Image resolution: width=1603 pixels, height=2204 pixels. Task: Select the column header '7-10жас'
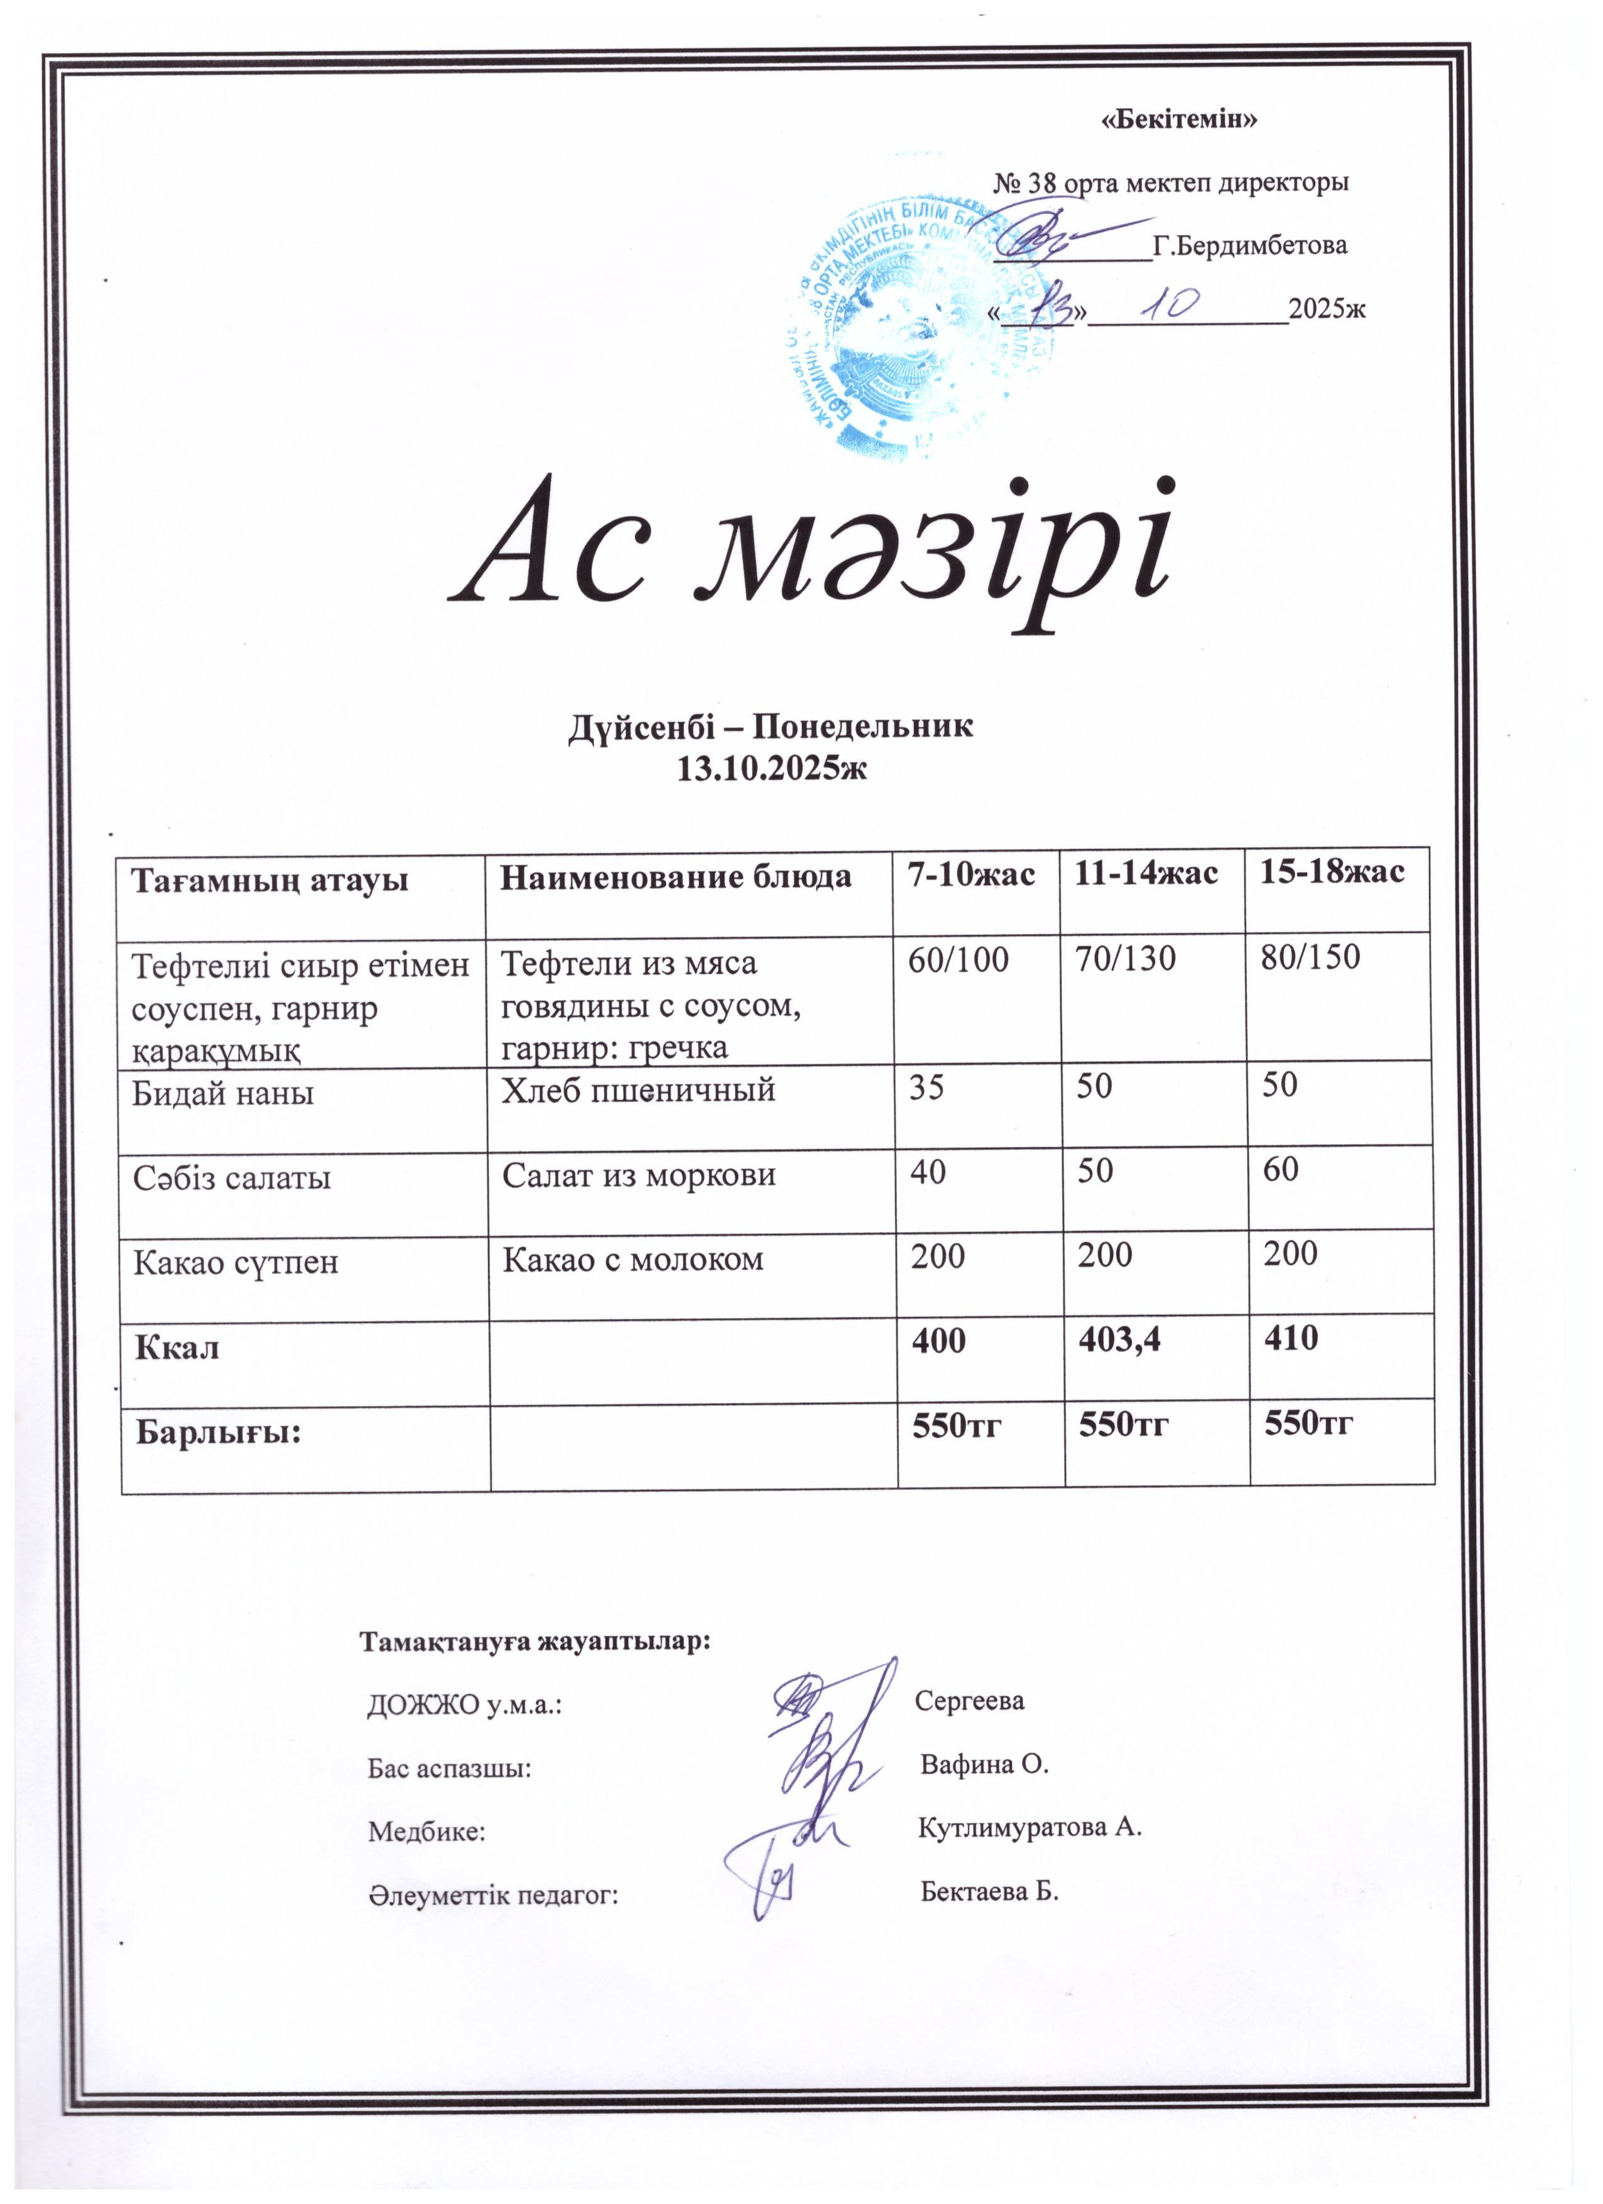(x=970, y=873)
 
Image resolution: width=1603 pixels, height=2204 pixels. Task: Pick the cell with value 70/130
(x=1125, y=960)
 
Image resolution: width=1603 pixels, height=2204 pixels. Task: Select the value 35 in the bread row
(x=926, y=1086)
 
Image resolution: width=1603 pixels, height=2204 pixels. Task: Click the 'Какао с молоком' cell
(x=633, y=1260)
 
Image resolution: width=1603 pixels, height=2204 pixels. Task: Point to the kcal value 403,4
(x=1120, y=1342)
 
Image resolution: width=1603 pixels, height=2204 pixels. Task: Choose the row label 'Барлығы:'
(x=218, y=1432)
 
